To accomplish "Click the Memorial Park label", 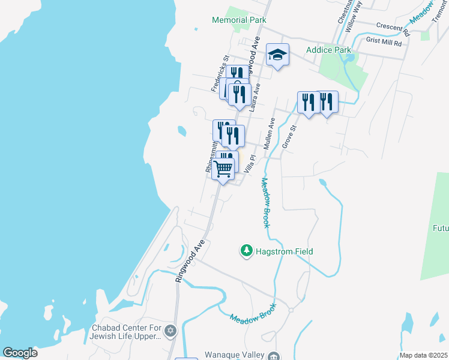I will [239, 20].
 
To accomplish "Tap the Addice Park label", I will [328, 50].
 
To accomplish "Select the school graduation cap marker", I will [277, 55].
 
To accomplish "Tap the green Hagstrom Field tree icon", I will [246, 251].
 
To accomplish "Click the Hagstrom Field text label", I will [283, 251].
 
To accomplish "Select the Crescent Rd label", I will [392, 26].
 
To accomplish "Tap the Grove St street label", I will [289, 137].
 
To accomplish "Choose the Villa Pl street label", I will [250, 164].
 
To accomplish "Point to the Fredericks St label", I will [220, 74].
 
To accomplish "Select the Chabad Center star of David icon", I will [170, 331].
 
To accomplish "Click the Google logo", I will [20, 352].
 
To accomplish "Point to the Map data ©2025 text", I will [423, 355].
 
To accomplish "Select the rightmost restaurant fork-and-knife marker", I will [327, 102].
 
